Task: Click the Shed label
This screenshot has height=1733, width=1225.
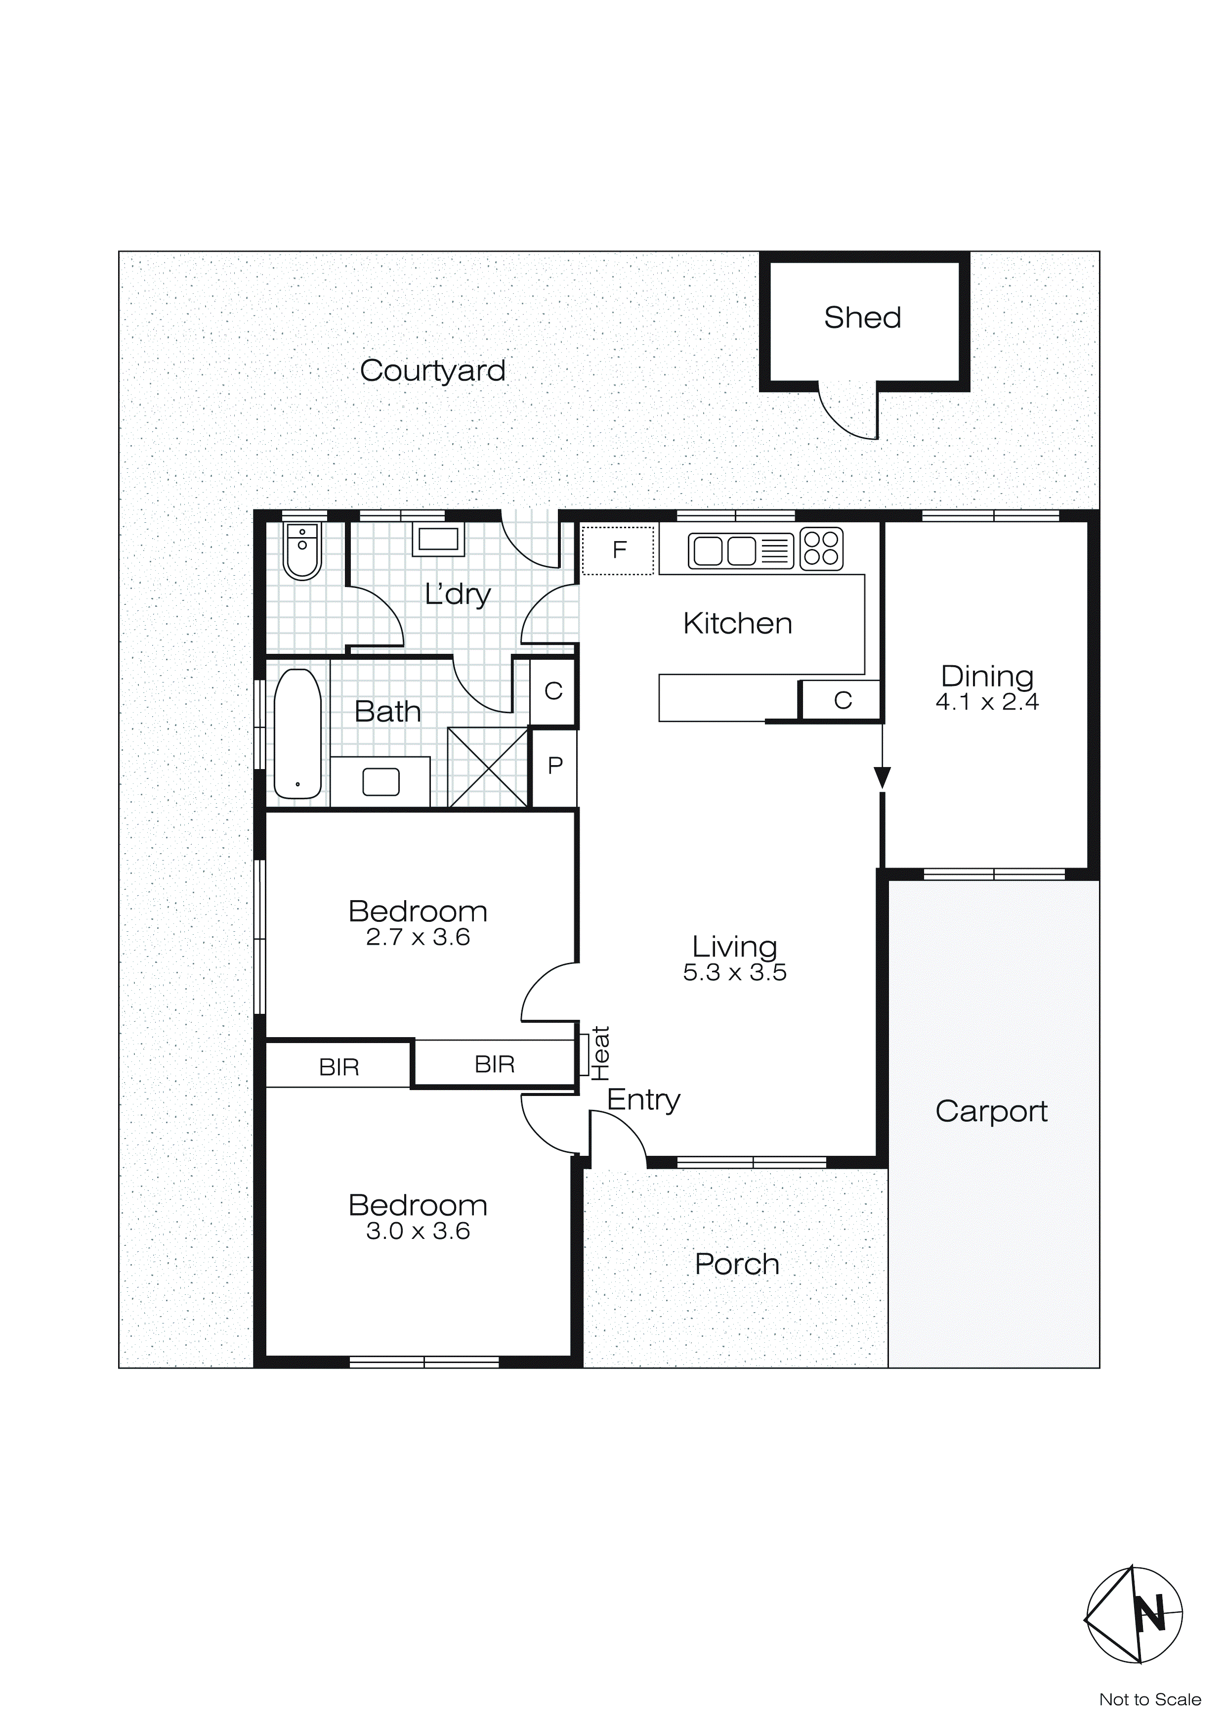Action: coord(862,318)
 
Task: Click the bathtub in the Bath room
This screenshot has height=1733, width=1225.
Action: coord(298,733)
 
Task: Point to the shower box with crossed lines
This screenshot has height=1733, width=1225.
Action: coord(488,768)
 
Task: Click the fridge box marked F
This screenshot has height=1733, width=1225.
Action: coord(619,550)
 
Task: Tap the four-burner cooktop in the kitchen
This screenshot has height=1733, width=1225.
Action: coord(821,548)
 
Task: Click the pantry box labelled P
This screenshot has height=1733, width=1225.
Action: coord(554,766)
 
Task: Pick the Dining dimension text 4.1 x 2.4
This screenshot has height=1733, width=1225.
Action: coord(987,703)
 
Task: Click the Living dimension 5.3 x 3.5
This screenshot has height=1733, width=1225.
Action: coord(735,973)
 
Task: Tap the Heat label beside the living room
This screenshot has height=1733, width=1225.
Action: coord(600,1053)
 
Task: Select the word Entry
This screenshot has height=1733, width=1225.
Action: coord(643,1100)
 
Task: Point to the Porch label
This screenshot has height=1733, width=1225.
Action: coord(737,1264)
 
